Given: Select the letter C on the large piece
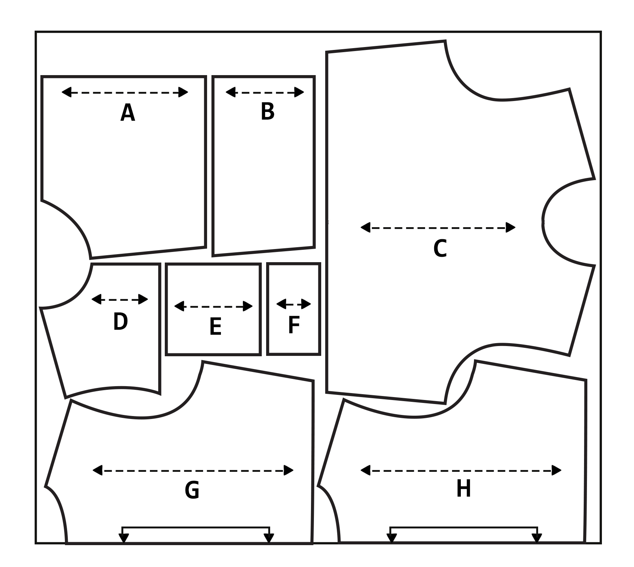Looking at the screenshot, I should tap(440, 249).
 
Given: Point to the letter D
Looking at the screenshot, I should tap(120, 322).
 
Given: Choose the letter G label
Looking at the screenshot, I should tap(192, 490).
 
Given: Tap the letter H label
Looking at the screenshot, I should tap(463, 489).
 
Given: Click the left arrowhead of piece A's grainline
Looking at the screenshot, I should tap(67, 92).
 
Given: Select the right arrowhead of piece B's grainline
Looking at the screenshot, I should tap(299, 92).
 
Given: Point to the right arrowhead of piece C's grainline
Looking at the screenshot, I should tap(510, 228).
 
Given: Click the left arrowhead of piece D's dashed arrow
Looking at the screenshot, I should tap(96, 299).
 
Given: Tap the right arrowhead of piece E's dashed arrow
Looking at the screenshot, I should tap(248, 306).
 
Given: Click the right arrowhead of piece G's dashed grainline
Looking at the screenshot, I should tap(288, 470).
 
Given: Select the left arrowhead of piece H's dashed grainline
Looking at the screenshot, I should tap(366, 470).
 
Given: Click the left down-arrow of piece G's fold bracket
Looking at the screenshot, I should tap(124, 538).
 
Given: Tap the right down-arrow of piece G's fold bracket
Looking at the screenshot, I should tap(269, 538).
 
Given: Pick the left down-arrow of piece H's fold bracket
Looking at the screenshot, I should tap(392, 538).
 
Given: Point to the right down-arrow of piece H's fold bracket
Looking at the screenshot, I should tap(537, 538).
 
